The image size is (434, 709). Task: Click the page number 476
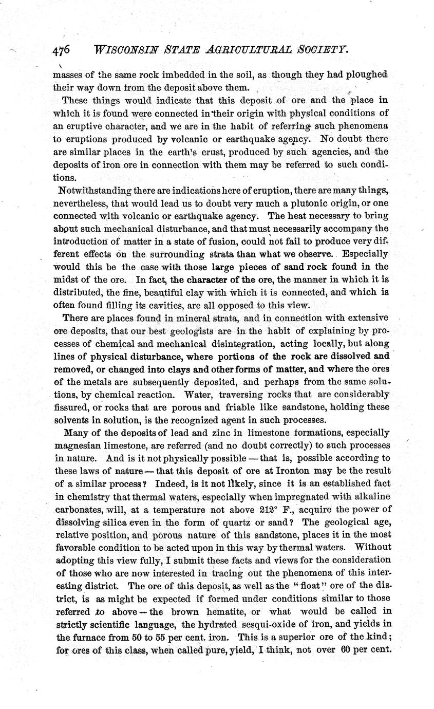coord(61,50)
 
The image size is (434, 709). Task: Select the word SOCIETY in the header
coord(319,49)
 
